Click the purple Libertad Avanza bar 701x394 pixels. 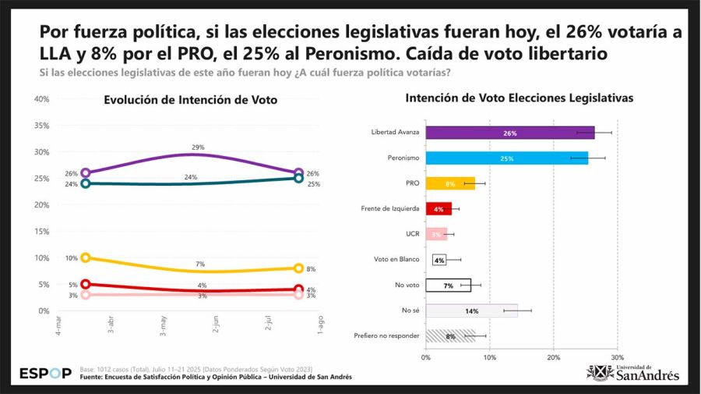[510, 133]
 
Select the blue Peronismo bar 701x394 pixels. [507, 158]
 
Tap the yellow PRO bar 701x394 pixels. [450, 184]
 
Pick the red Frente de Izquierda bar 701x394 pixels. [439, 209]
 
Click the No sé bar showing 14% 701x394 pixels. [471, 311]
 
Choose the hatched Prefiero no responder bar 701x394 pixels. [450, 335]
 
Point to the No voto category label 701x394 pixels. [407, 285]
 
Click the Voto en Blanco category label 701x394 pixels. [396, 260]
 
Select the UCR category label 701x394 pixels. [413, 234]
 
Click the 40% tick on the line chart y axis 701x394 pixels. [42, 99]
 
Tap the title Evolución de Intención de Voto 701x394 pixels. [191, 100]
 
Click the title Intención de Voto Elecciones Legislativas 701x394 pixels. [520, 98]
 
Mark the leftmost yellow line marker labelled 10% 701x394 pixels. [86, 257]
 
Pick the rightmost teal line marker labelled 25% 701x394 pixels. [298, 178]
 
